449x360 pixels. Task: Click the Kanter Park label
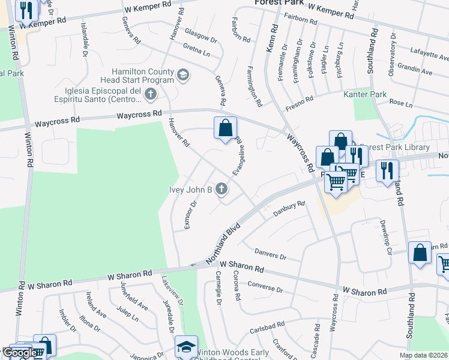pyautogui.click(x=364, y=95)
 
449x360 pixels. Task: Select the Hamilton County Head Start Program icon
pyautogui.click(x=184, y=75)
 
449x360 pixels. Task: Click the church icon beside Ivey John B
pyautogui.click(x=221, y=190)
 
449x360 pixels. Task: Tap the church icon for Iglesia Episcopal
pyautogui.click(x=150, y=94)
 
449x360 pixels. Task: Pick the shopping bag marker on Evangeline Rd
pyautogui.click(x=226, y=128)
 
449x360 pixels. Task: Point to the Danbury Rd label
pyautogui.click(x=289, y=208)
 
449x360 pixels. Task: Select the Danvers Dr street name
pyautogui.click(x=270, y=254)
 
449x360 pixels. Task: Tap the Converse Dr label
pyautogui.click(x=265, y=287)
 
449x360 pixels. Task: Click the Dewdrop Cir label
pyautogui.click(x=385, y=231)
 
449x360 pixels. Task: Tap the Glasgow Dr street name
pyautogui.click(x=200, y=35)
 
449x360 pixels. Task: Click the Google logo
pyautogui.click(x=19, y=353)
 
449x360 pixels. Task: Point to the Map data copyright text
pyautogui.click(x=423, y=355)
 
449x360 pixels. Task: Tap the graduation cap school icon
pyautogui.click(x=185, y=348)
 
